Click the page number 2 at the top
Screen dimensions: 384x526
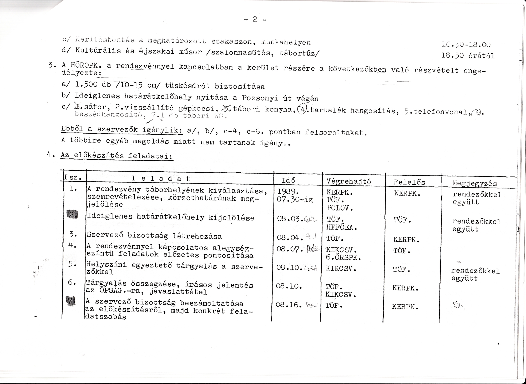(x=254, y=19)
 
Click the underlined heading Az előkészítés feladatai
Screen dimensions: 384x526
(x=117, y=155)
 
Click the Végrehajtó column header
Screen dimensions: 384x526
(x=348, y=181)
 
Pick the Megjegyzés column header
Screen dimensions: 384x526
(x=474, y=183)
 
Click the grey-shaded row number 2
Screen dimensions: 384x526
(x=72, y=215)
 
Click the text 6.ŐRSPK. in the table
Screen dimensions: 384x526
(x=343, y=257)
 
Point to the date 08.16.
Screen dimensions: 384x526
(x=288, y=305)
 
